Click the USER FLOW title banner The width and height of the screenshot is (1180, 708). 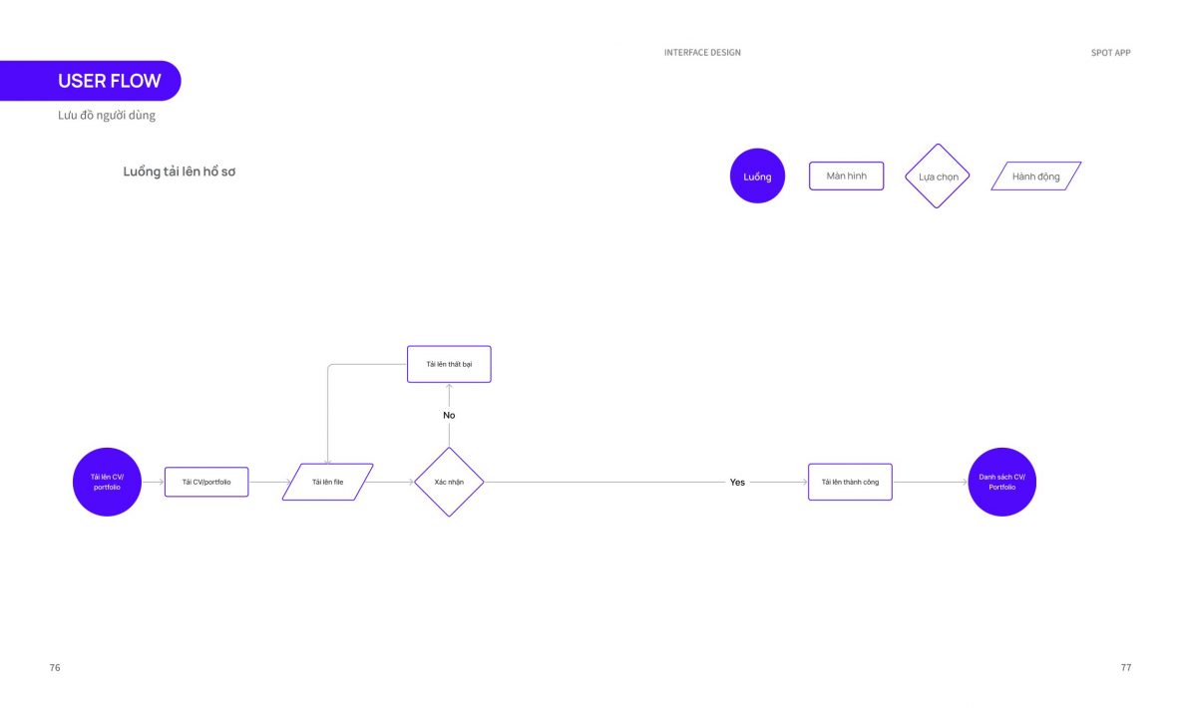[91, 81]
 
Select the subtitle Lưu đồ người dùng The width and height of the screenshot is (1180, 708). [107, 115]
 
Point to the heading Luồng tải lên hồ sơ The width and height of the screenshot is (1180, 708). [180, 172]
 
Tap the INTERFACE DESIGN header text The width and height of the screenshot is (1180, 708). [702, 53]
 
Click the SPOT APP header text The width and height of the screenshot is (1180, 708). [1111, 53]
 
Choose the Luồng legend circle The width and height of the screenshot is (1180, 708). [757, 177]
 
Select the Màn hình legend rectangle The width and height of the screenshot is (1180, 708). [847, 177]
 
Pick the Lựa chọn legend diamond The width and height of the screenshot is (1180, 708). [937, 177]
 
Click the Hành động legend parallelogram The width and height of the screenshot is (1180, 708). [1036, 177]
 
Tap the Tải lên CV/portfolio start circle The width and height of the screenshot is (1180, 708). [107, 482]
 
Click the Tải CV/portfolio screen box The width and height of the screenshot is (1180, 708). [206, 482]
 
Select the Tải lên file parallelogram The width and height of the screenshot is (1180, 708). [327, 482]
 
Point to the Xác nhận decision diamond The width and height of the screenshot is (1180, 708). [449, 482]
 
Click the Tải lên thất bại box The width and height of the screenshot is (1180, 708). [449, 364]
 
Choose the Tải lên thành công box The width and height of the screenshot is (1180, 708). [851, 482]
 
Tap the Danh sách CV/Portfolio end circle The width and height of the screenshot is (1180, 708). [1002, 482]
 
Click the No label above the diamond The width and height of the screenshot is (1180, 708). [449, 415]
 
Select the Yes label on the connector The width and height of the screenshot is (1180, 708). [737, 483]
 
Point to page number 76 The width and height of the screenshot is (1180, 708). [55, 667]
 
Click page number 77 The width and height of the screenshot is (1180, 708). [1126, 667]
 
